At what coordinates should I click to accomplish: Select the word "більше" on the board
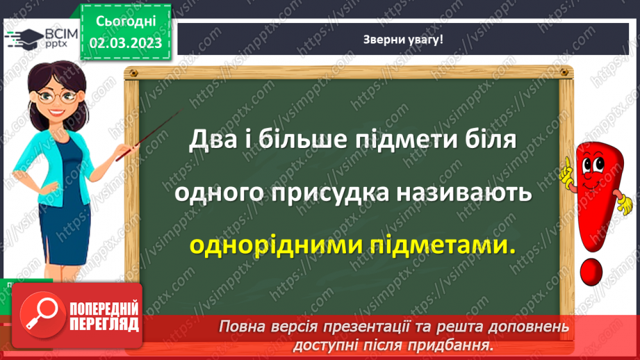(x=312, y=140)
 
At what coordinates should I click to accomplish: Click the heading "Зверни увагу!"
(x=404, y=39)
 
